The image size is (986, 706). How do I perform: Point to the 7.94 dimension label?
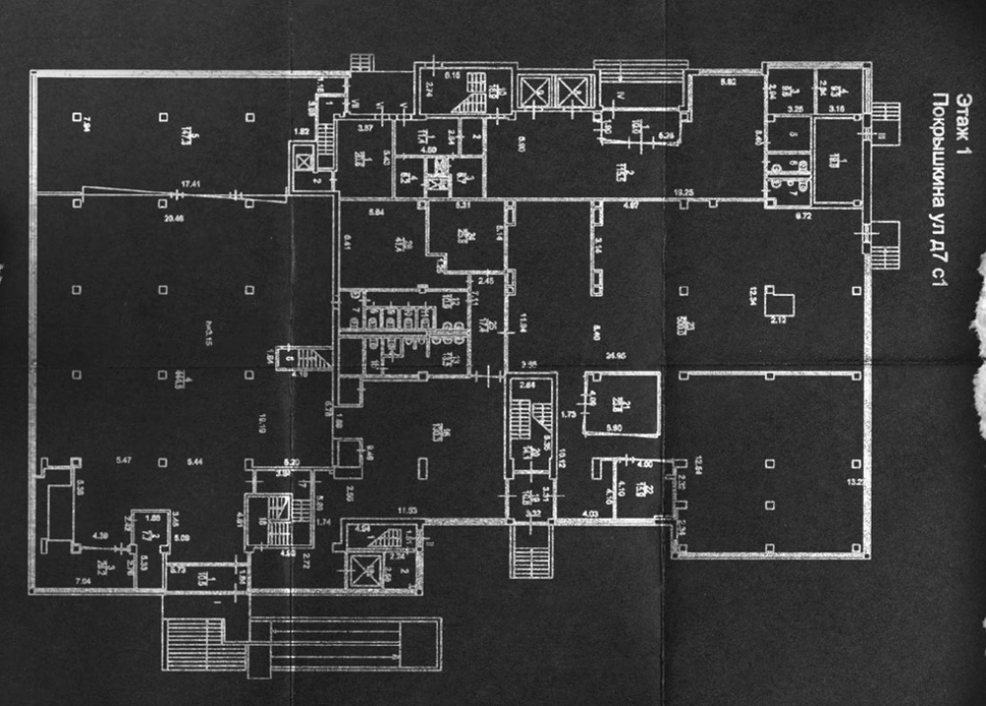pos(88,121)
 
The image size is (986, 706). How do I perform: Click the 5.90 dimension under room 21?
pos(617,428)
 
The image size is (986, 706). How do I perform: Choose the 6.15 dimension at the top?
pos(454,75)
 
